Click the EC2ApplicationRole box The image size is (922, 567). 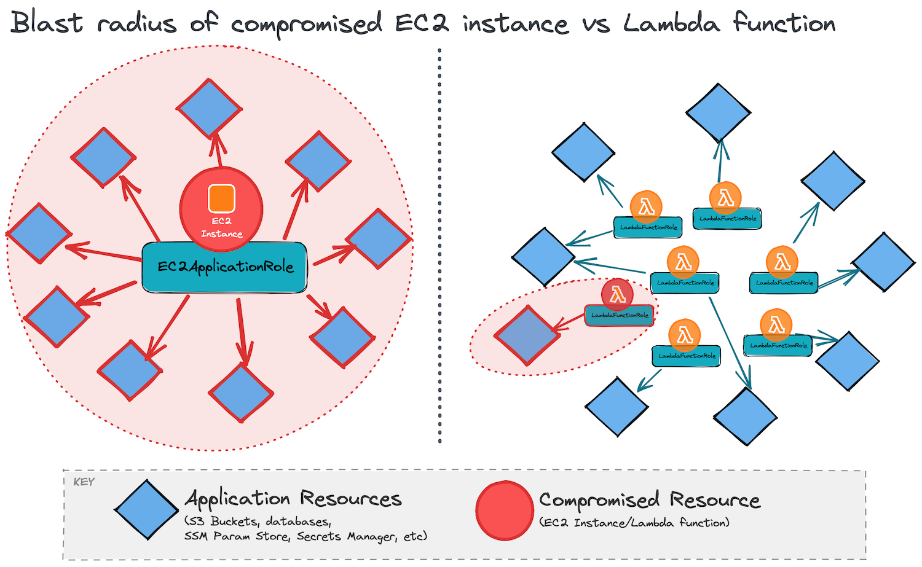coord(224,267)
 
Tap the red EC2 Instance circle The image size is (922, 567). coord(221,209)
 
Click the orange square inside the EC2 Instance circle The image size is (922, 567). coord(221,198)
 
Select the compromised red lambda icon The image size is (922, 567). coord(617,294)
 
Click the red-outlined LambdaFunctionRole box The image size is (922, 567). coord(619,315)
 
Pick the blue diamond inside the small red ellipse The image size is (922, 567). coord(527,335)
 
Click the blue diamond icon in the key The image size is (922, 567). coord(146,510)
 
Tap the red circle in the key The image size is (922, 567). coord(504,510)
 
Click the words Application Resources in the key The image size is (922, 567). coord(294,498)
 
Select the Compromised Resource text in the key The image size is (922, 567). coord(650,499)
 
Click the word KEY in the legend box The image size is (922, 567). coord(84,482)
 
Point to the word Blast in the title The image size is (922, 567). coord(47,23)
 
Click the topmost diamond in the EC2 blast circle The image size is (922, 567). coord(209,108)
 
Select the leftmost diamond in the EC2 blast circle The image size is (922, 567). coord(39,233)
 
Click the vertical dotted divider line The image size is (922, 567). coord(439,246)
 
